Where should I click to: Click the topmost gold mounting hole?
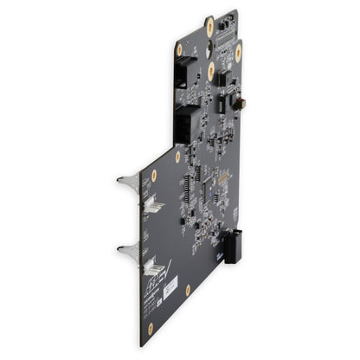(209, 26)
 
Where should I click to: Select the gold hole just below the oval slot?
(210, 70)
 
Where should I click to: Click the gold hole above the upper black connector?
(180, 50)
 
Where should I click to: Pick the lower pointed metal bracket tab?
(127, 251)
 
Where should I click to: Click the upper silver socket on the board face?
(152, 203)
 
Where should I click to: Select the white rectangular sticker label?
(170, 286)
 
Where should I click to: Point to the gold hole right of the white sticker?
(188, 290)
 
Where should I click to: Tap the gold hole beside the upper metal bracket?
(154, 176)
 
